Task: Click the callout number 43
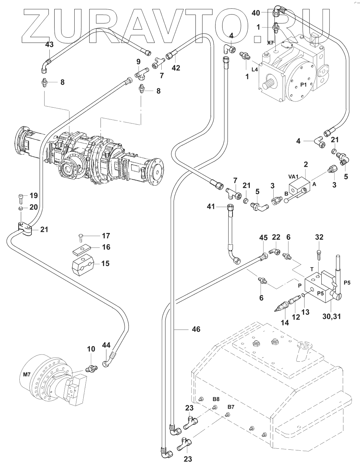coord(50,45)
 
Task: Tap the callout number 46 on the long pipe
coord(196,329)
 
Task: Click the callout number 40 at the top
coord(256,13)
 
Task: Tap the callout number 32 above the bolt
coord(319,237)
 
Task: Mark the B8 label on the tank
coord(216,399)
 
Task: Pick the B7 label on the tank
coord(231,407)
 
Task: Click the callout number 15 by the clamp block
coord(105,263)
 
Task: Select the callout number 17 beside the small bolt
coord(106,236)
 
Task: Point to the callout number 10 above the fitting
coord(91,349)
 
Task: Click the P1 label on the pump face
coord(303,85)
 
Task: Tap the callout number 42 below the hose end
coord(176,68)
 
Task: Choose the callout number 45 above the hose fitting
coord(263,237)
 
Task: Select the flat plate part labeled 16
coord(83,248)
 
